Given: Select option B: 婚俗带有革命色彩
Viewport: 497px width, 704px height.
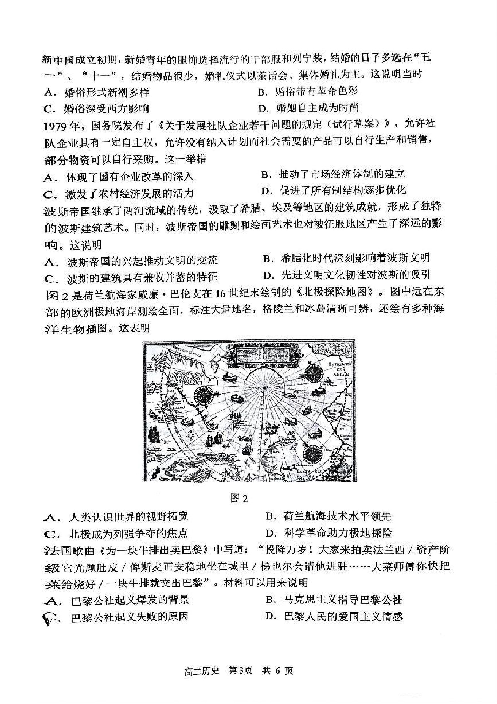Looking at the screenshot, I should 308,91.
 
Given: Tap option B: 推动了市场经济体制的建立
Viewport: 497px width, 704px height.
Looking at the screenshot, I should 333,174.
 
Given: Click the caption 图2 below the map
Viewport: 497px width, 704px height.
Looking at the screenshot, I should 239,498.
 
